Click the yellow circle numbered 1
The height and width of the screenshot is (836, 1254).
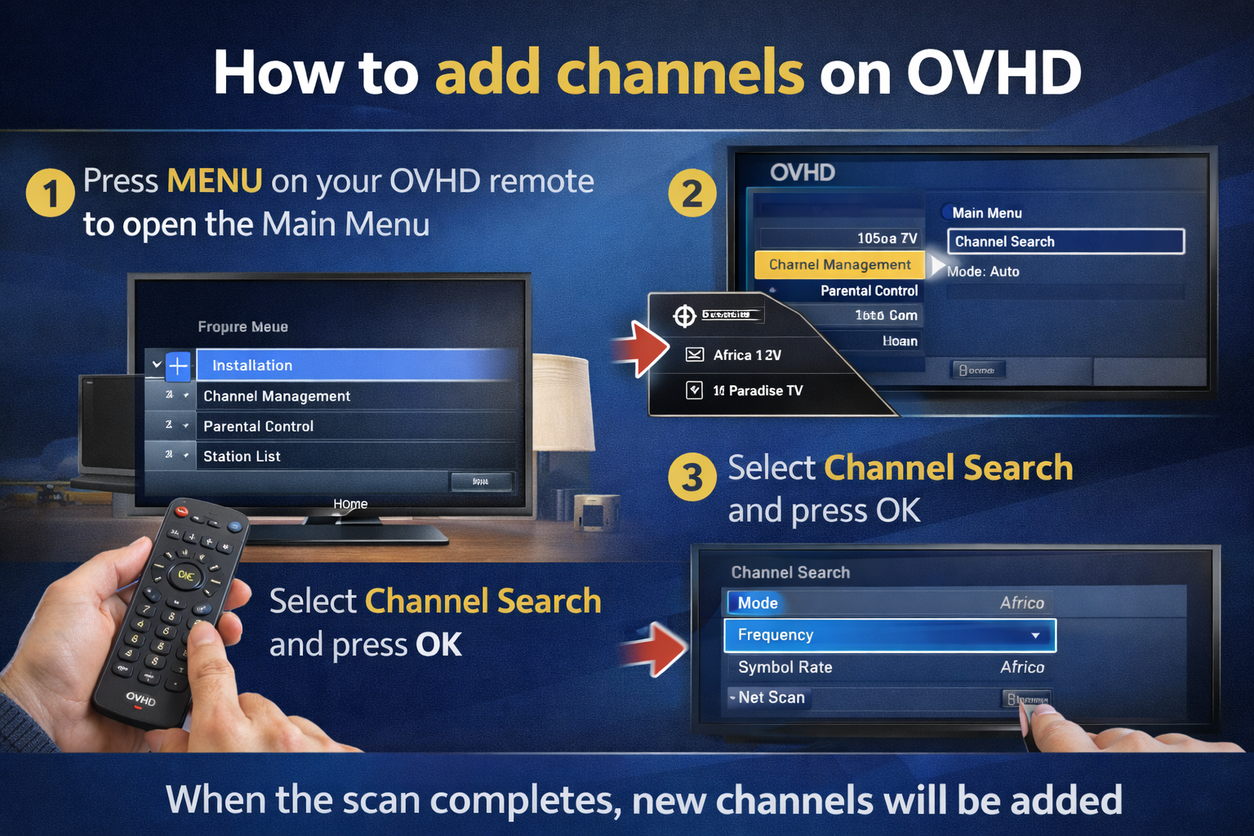click(x=50, y=193)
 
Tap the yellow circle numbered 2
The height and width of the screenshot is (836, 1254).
click(x=691, y=193)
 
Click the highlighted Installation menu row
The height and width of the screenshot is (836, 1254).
click(x=356, y=365)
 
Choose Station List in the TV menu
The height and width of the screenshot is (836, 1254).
click(x=242, y=456)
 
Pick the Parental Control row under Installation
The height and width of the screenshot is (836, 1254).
click(x=258, y=426)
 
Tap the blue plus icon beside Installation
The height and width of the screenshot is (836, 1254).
click(x=178, y=366)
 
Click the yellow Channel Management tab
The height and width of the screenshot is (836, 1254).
click(x=839, y=265)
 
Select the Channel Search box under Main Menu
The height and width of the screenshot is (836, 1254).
click(x=1065, y=241)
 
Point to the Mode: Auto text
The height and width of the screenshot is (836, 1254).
click(x=983, y=272)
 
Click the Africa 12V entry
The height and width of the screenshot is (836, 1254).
click(x=746, y=355)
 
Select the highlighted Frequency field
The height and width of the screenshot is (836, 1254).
click(x=889, y=635)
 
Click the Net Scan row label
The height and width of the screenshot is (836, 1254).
click(x=771, y=698)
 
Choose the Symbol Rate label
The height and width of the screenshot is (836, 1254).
click(x=785, y=667)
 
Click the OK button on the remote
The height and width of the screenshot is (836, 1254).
click(x=185, y=576)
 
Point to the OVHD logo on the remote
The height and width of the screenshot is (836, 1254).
click(x=140, y=699)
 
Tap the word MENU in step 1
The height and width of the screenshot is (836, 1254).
click(x=214, y=180)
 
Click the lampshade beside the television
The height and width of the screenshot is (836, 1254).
click(x=563, y=400)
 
